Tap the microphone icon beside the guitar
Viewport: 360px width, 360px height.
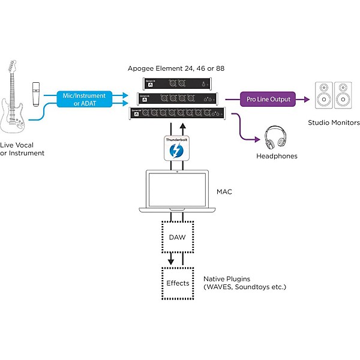click(36, 94)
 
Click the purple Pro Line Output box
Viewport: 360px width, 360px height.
click(268, 99)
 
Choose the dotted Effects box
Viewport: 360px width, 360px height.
click(178, 283)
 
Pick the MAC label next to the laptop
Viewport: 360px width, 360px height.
click(224, 192)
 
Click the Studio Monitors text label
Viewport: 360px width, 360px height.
click(334, 123)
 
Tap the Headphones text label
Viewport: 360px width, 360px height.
click(276, 156)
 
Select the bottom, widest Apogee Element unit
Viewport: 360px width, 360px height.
click(178, 112)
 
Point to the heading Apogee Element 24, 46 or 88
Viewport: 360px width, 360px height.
click(176, 69)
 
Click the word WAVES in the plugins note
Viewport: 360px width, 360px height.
click(220, 287)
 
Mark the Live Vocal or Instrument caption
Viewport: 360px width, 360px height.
click(23, 149)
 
